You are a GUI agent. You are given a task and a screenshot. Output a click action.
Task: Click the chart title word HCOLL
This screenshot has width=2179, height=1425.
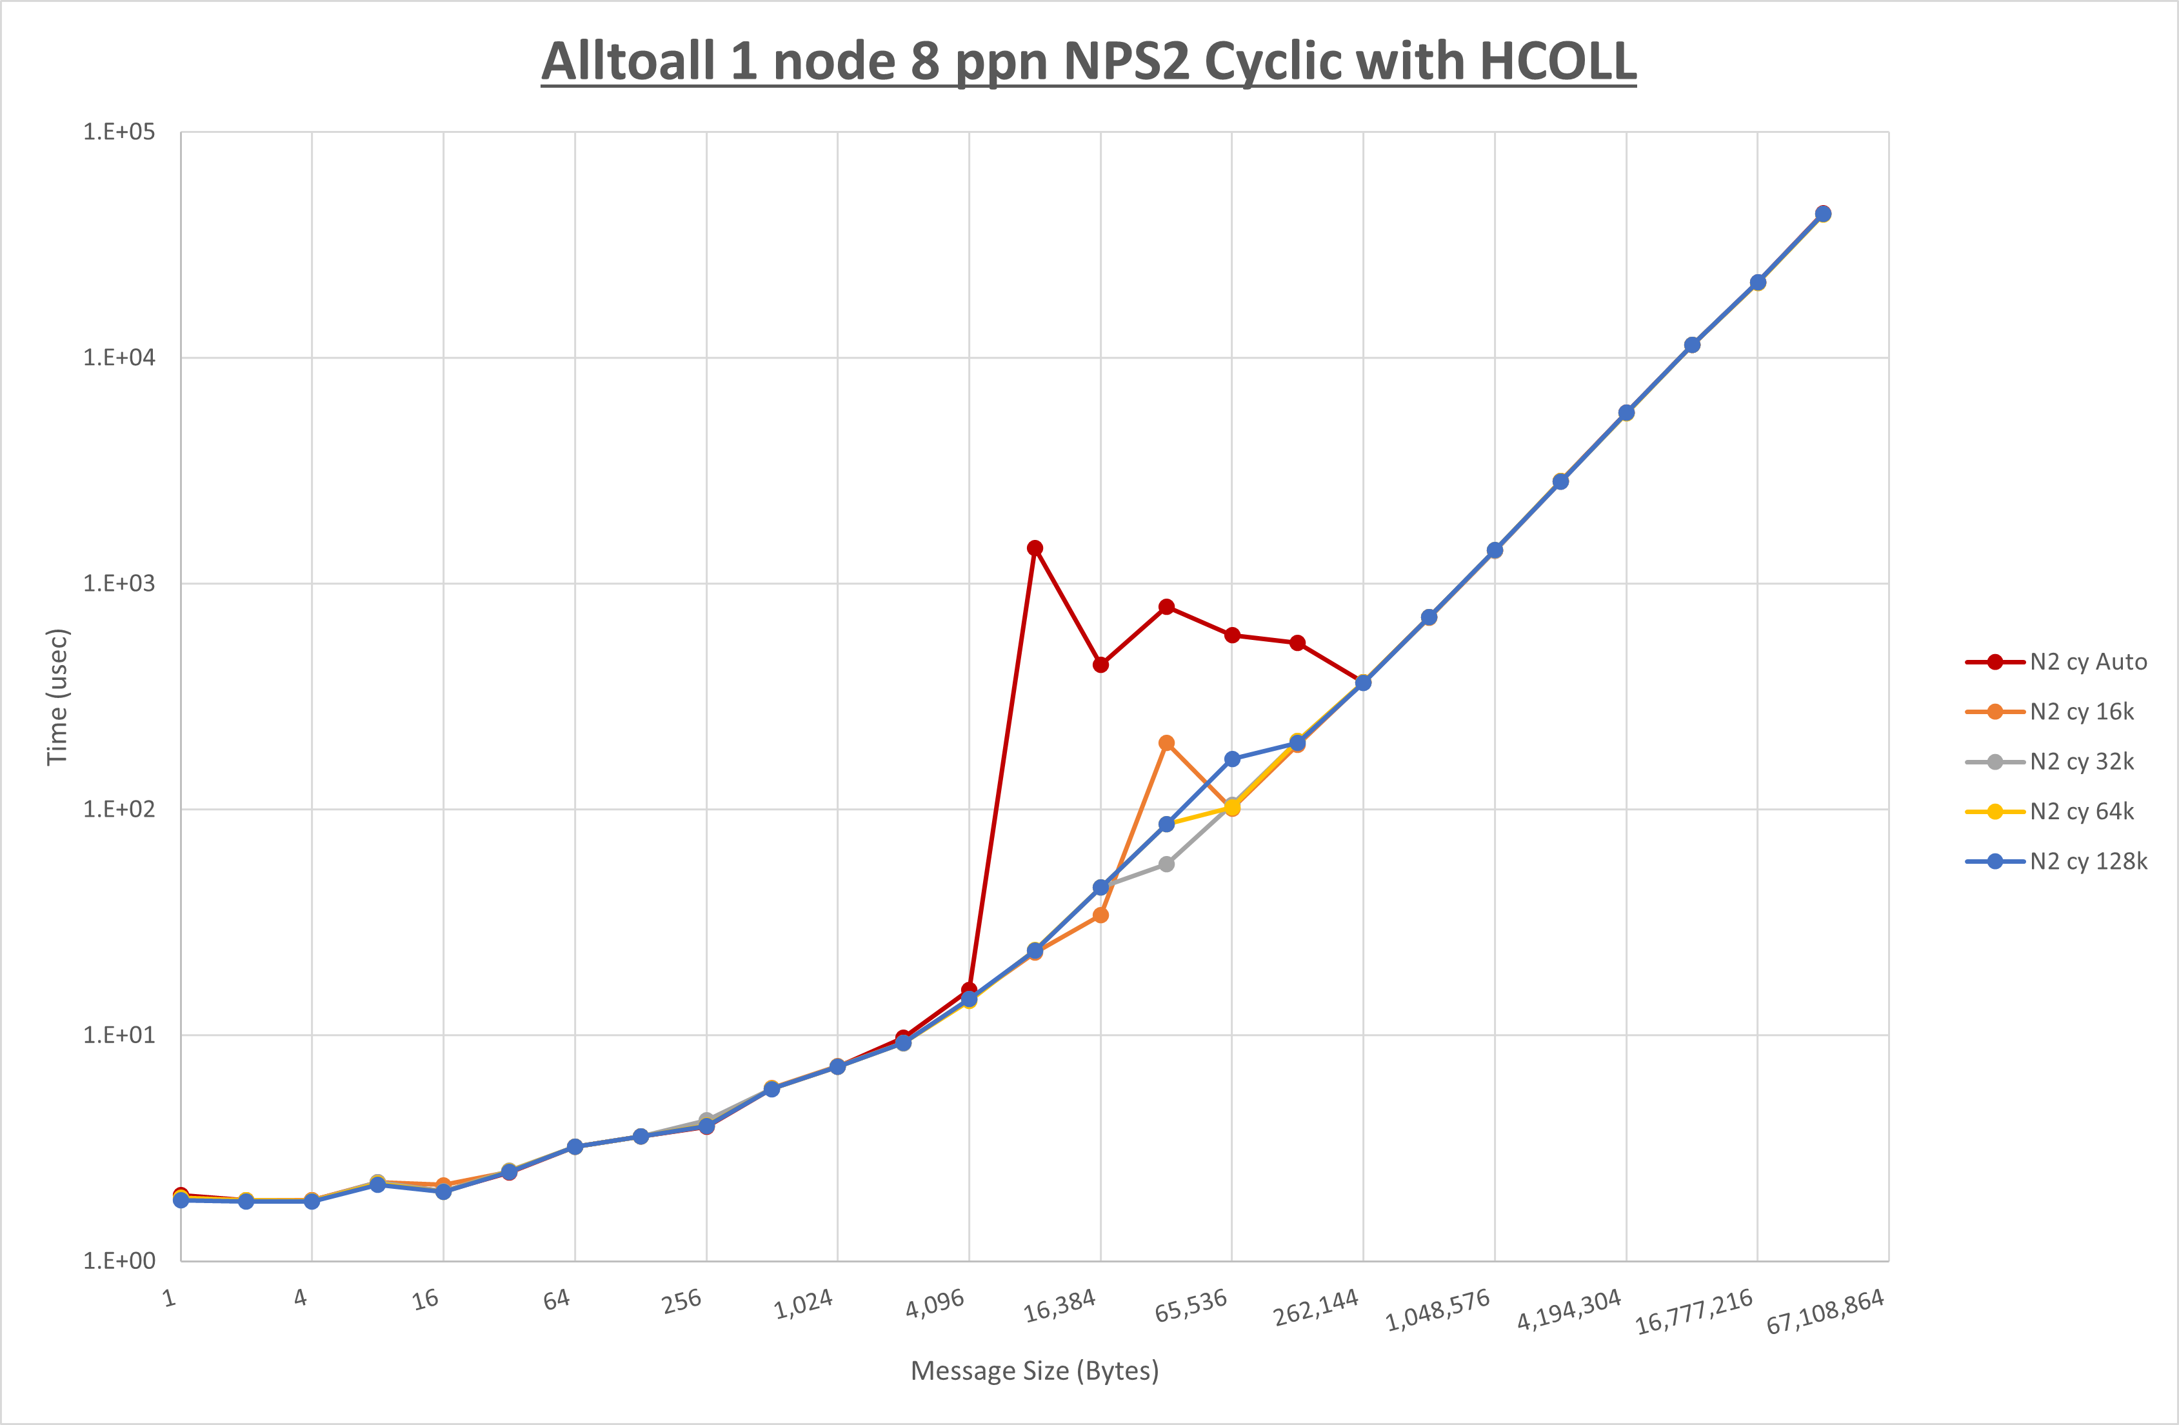coord(1557,63)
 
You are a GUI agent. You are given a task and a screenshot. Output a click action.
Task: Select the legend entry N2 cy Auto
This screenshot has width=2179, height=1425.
coord(2087,662)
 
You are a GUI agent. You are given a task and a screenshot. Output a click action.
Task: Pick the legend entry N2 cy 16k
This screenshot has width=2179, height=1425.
coord(2081,712)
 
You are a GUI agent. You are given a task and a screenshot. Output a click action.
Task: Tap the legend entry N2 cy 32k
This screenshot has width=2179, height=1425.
coord(2081,762)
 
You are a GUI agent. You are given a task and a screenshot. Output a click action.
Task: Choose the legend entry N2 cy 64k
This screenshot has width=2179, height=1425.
coord(2081,812)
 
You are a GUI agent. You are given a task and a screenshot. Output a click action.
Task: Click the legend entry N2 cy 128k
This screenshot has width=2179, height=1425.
coord(2087,862)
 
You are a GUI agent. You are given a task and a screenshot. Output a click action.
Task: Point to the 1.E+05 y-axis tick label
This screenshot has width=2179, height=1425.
coord(119,132)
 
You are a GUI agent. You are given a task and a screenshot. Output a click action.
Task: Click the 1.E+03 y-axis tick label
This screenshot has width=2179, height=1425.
coord(119,583)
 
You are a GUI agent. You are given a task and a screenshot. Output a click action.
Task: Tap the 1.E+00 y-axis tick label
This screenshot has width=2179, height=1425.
coord(119,1261)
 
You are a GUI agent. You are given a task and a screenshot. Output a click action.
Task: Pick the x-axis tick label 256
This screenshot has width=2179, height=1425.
coord(681,1301)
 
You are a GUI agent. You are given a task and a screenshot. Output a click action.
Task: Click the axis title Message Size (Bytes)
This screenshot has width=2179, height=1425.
coord(1035,1371)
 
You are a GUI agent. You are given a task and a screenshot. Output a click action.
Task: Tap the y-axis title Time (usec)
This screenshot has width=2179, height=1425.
coord(57,696)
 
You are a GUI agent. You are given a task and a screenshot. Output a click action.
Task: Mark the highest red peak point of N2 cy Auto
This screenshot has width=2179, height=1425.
coord(1035,548)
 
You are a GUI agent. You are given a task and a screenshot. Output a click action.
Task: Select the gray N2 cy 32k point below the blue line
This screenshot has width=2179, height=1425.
coord(1166,864)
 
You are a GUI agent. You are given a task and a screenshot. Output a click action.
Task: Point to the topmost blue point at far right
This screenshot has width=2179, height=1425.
coord(1823,214)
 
